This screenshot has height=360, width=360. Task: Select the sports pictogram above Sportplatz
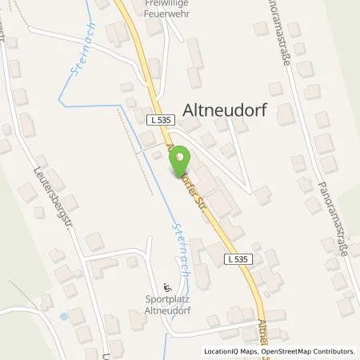166,289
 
